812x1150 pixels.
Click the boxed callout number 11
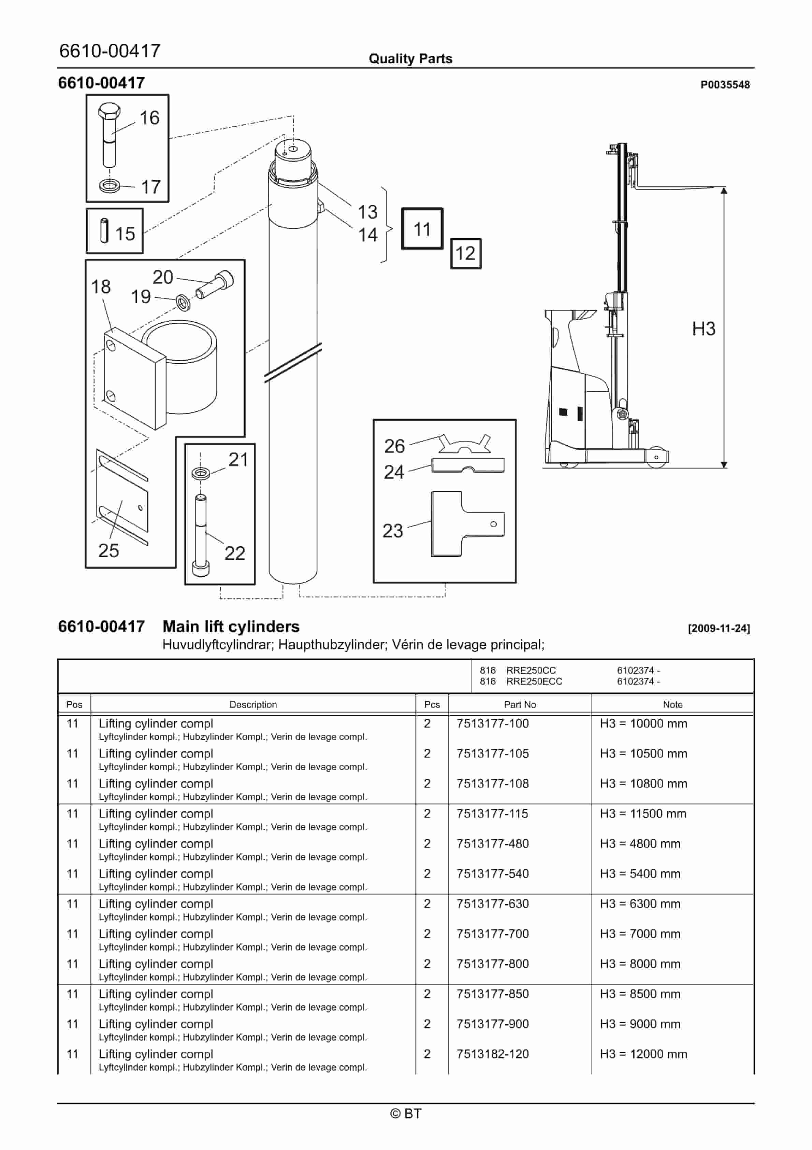[x=422, y=229]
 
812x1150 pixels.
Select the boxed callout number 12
[x=466, y=253]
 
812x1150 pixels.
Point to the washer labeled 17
[x=110, y=186]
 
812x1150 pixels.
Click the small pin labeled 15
[x=104, y=231]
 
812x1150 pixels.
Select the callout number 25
[x=108, y=550]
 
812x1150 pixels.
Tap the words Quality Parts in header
[x=410, y=59]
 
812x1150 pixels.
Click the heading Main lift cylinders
[x=231, y=627]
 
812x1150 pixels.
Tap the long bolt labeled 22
[x=200, y=533]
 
